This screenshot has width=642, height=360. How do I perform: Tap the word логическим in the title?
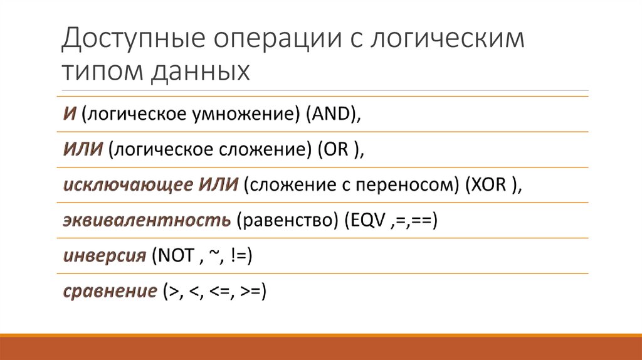point(451,40)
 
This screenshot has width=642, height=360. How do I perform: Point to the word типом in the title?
point(100,71)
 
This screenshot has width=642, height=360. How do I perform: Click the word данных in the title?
point(200,71)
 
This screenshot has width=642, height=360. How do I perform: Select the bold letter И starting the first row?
point(70,114)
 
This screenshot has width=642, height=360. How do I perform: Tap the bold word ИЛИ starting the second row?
point(83,150)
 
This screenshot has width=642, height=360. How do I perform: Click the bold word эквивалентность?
point(146,221)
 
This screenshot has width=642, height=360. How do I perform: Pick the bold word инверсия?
point(103,256)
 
